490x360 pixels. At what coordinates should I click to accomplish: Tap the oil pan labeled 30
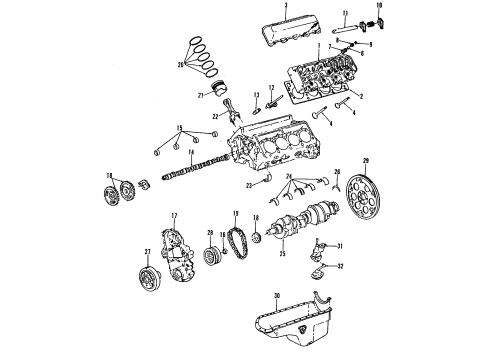point(290,322)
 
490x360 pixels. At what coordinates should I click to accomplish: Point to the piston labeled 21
point(213,94)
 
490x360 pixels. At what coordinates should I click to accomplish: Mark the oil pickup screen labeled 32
point(320,269)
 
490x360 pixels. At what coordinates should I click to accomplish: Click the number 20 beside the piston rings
point(180,65)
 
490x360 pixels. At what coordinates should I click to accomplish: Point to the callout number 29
point(365,161)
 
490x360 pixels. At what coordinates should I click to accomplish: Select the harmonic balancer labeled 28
point(212,256)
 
